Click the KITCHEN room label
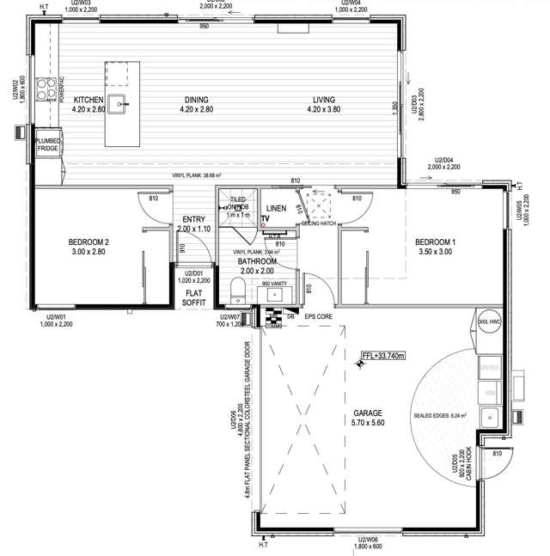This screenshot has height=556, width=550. click(89, 100)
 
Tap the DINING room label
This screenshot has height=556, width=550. click(196, 100)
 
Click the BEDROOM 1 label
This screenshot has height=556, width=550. click(434, 241)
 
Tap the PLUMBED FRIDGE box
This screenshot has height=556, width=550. click(47, 145)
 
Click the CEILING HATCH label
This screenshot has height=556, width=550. click(317, 223)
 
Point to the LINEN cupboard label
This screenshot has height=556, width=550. click(276, 209)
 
